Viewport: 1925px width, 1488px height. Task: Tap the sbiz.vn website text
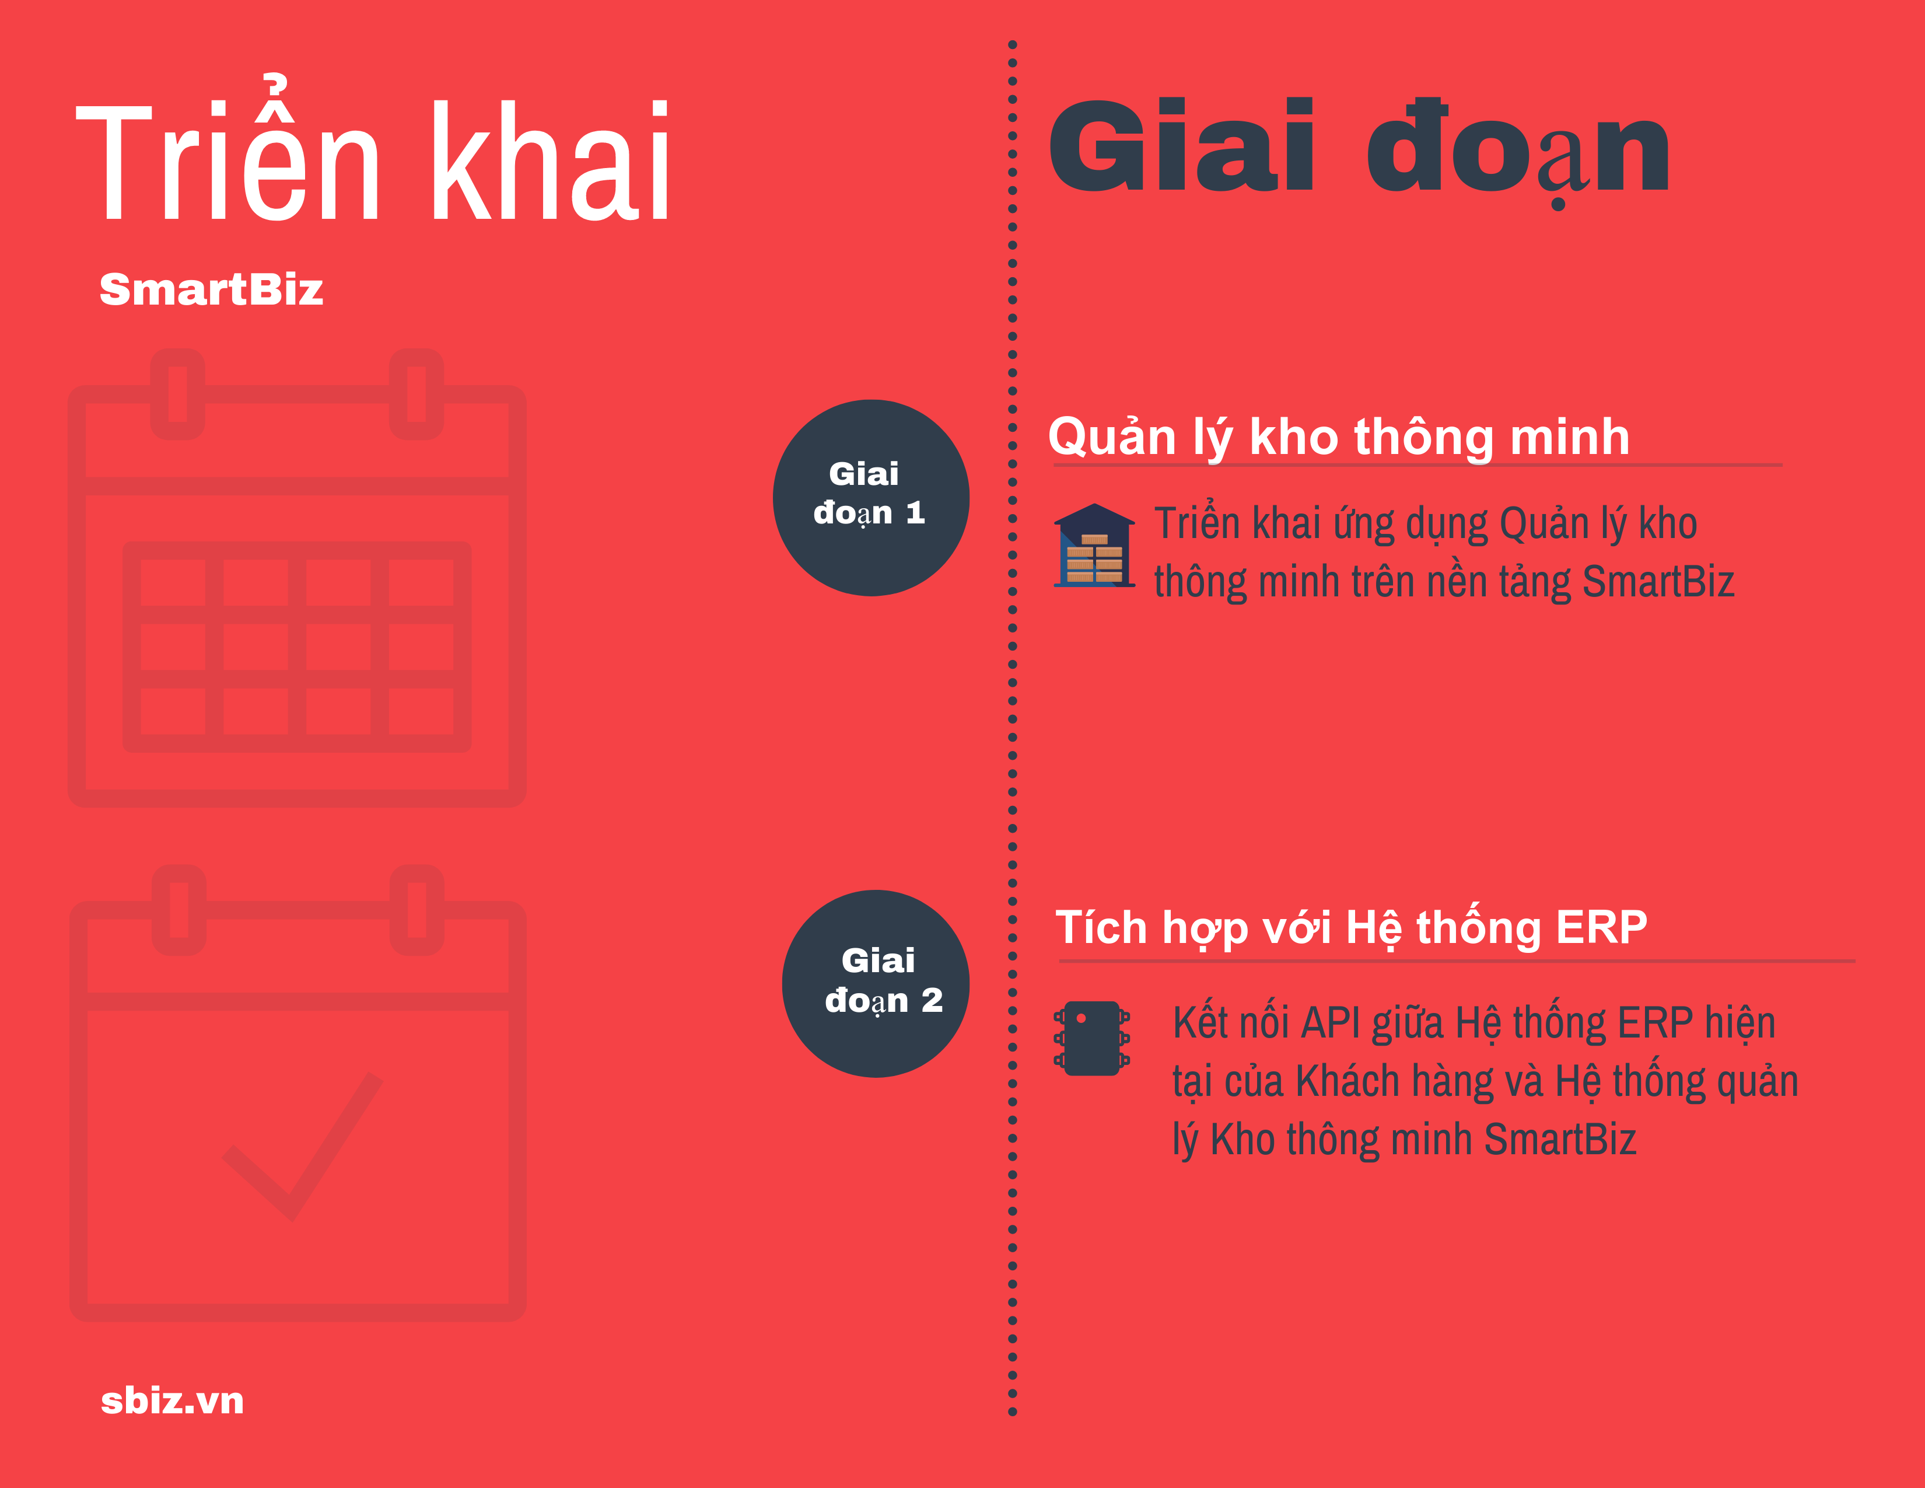point(173,1400)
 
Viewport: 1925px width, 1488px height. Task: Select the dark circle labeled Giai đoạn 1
point(871,498)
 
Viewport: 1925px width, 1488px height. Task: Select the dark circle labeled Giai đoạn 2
point(876,984)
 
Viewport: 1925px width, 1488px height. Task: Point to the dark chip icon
point(1092,1039)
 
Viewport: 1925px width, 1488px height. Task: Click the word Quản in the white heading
point(1112,437)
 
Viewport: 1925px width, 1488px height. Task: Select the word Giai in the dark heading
point(1182,145)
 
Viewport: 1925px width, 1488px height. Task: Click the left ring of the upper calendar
point(178,394)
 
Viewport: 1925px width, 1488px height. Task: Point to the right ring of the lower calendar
point(417,910)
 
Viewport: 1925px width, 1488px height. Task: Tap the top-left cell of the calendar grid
point(173,582)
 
